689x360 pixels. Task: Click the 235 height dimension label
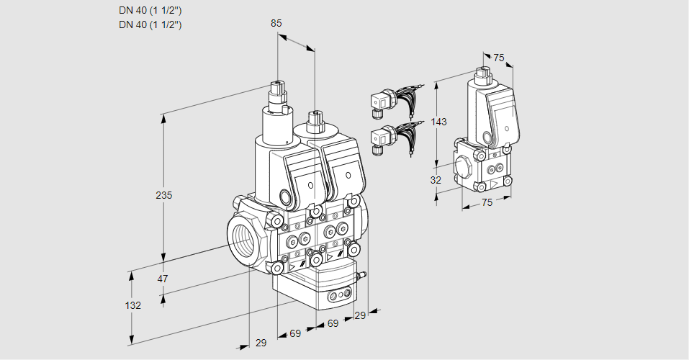166,195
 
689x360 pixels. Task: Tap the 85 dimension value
276,23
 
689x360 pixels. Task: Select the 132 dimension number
132,305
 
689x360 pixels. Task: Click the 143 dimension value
439,122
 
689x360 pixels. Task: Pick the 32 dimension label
435,180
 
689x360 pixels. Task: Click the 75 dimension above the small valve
498,58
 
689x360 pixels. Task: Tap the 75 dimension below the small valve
487,203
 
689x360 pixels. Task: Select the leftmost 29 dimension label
261,343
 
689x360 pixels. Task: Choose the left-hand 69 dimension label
294,333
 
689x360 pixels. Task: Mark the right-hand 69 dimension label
333,324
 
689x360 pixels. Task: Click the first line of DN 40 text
150,10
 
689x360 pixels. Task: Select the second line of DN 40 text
150,24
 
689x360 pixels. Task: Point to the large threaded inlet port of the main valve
241,238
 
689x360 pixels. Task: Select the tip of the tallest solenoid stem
276,84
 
